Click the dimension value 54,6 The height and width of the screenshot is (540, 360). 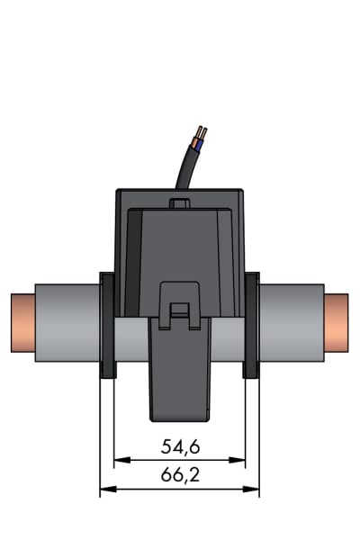pyautogui.click(x=180, y=446)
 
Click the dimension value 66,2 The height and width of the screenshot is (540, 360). pyautogui.click(x=180, y=475)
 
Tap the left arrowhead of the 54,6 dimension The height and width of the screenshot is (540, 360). pyautogui.click(x=122, y=460)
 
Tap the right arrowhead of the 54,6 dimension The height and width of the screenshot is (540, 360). pyautogui.click(x=237, y=460)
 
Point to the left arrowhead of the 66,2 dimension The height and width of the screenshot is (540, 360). pyautogui.click(x=108, y=489)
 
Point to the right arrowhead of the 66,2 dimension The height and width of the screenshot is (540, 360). pyautogui.click(x=251, y=489)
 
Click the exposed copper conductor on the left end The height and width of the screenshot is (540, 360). pyautogui.click(x=23, y=323)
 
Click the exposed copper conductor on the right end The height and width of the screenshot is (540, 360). pyautogui.click(x=337, y=323)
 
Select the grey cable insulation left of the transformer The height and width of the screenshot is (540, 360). pyautogui.click(x=67, y=323)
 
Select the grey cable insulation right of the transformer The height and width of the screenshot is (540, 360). pyautogui.click(x=292, y=323)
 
